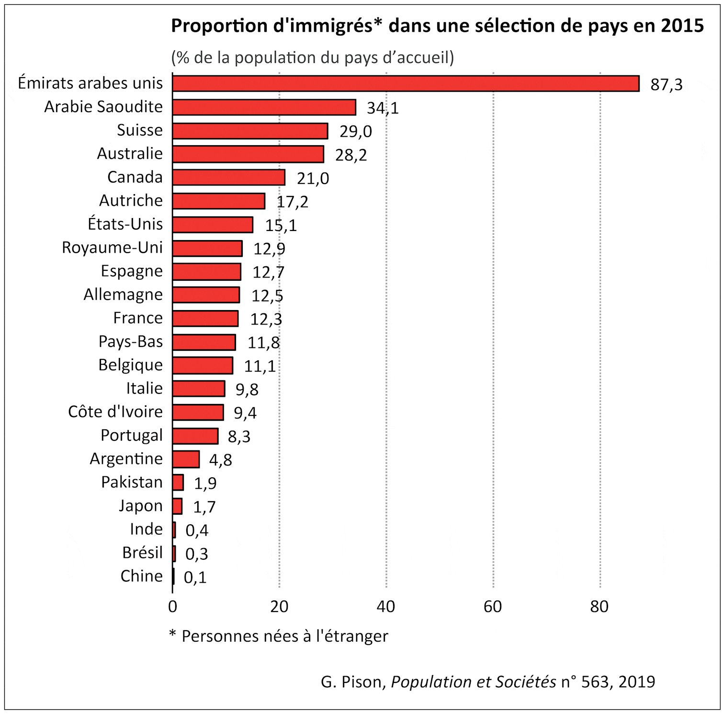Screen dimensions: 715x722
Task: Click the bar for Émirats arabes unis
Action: click(406, 83)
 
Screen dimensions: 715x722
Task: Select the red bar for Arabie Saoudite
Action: click(264, 107)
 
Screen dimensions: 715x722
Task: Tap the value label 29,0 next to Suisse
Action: click(355, 131)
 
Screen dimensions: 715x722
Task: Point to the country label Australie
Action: click(130, 154)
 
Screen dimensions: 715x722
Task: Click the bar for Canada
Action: click(228, 177)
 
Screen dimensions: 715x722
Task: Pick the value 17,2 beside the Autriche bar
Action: click(292, 202)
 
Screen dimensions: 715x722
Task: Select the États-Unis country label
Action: click(125, 224)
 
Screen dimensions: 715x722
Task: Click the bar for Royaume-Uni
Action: click(207, 249)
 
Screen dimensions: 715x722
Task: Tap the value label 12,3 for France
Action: click(266, 319)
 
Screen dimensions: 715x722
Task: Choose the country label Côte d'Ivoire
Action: click(115, 412)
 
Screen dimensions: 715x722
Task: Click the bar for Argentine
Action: click(186, 459)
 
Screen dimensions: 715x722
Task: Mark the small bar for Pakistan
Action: click(178, 483)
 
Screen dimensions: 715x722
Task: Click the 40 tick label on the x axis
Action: click(386, 607)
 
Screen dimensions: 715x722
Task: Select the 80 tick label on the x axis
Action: click(599, 607)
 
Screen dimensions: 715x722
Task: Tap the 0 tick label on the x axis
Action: click(172, 607)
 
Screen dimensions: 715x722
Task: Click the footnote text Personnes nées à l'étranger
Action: click(284, 636)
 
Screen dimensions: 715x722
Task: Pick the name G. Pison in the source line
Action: click(353, 681)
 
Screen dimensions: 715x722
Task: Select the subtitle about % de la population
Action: click(312, 58)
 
